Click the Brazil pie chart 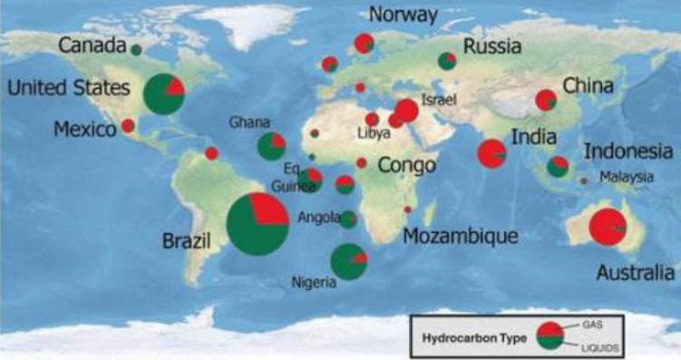(258, 224)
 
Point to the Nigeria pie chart (348, 261)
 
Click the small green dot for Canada (136, 49)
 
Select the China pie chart (546, 101)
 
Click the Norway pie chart (364, 44)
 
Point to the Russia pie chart (447, 62)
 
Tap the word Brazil (186, 242)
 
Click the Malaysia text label (627, 178)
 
